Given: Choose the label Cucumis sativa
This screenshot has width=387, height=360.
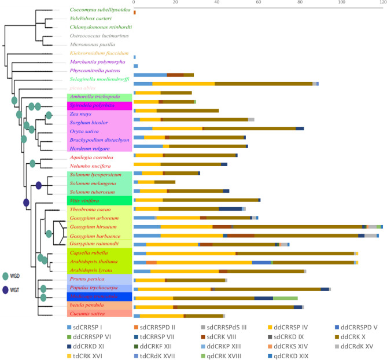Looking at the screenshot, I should pyautogui.click(x=87, y=314).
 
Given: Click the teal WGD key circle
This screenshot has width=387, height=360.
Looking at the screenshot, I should pyautogui.click(x=7, y=277).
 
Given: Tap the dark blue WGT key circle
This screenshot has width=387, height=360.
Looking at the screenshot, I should pyautogui.click(x=7, y=289).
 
